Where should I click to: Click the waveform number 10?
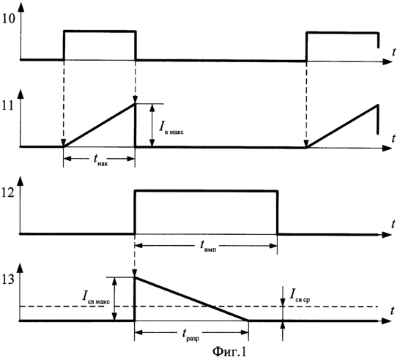(x=9, y=18)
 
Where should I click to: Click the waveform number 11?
(x=8, y=105)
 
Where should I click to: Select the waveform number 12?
(x=9, y=193)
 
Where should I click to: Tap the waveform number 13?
(x=9, y=280)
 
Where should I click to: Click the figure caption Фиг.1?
(x=229, y=352)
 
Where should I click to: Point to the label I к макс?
(x=171, y=127)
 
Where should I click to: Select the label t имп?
(x=208, y=246)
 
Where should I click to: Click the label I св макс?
(x=96, y=297)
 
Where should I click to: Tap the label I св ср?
(x=300, y=296)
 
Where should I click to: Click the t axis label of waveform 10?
(x=394, y=52)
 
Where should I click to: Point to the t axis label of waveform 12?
(x=393, y=225)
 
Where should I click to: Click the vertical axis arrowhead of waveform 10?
(x=21, y=7)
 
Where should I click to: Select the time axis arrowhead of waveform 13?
(x=387, y=321)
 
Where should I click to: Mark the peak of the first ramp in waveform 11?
(x=135, y=103)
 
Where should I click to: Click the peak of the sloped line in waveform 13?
(x=135, y=277)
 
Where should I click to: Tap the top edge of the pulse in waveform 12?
(x=206, y=190)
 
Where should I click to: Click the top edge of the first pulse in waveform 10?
(x=100, y=31)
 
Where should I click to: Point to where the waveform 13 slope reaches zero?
(x=248, y=320)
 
